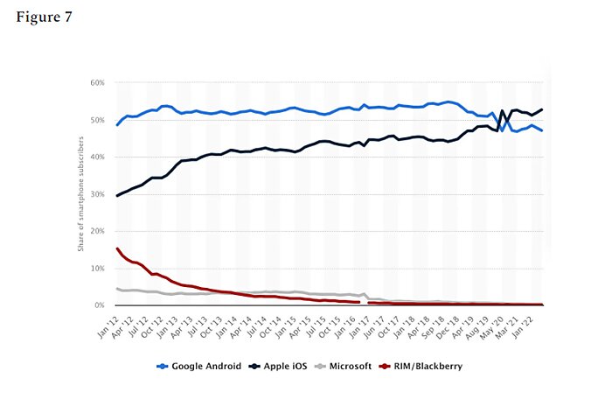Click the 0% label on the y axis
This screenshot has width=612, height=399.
point(99,305)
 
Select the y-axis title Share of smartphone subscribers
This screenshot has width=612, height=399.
point(80,194)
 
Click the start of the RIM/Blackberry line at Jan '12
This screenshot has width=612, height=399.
point(117,248)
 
